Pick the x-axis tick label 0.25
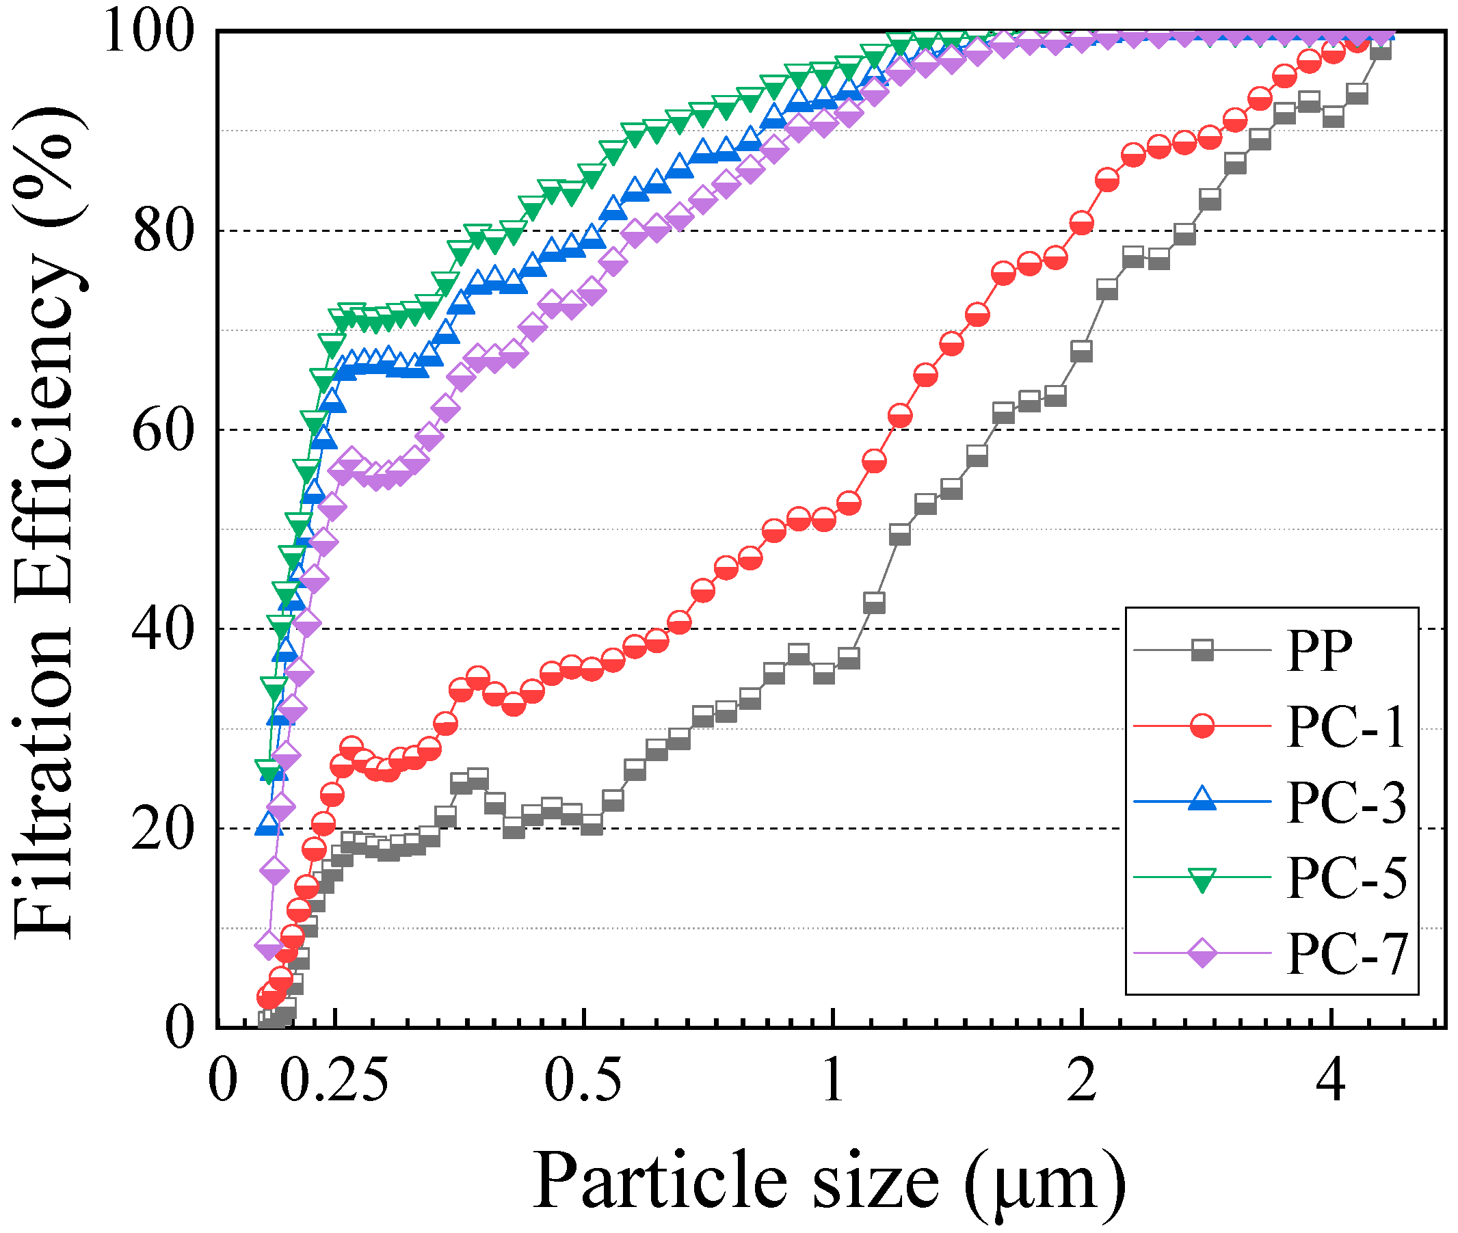tap(334, 1080)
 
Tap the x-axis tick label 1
tap(832, 1080)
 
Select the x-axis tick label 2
tap(1081, 1080)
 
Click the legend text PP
tap(1319, 651)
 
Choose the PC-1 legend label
tap(1344, 727)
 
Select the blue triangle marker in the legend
tap(1202, 800)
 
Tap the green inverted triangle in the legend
tap(1202, 879)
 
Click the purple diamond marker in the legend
tap(1202, 953)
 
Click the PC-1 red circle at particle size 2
tap(1081, 224)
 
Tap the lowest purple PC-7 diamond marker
tap(268, 946)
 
